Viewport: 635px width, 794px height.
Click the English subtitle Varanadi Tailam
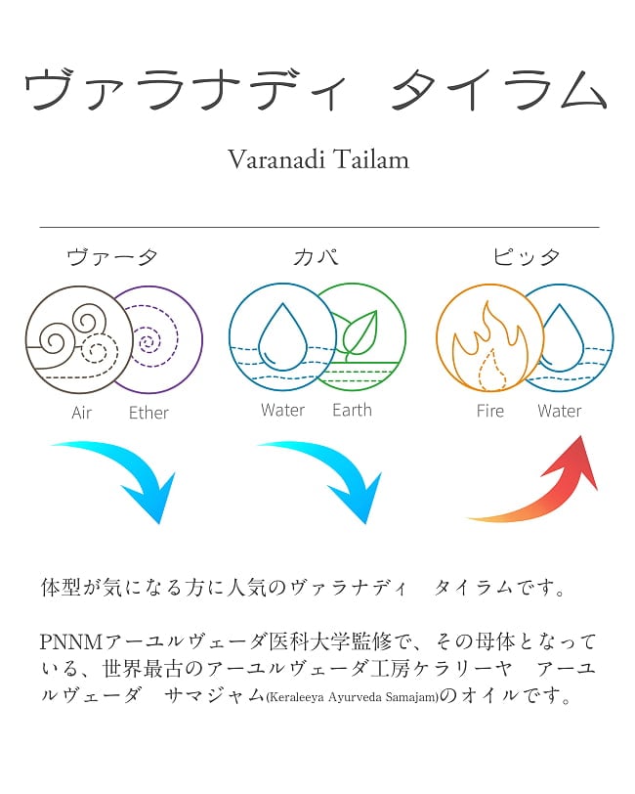pos(317,159)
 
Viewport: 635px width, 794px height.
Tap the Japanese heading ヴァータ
pos(112,258)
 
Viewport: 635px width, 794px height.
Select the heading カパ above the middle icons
pos(317,258)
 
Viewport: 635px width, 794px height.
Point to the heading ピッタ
pos(527,258)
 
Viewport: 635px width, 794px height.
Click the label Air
pos(82,413)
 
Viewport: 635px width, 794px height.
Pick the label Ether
pos(148,413)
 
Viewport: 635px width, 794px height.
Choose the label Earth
pos(352,410)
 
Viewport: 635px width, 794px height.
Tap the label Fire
pos(490,411)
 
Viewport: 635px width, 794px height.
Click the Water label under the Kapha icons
pos(282,410)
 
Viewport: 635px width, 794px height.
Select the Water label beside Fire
pos(559,411)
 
